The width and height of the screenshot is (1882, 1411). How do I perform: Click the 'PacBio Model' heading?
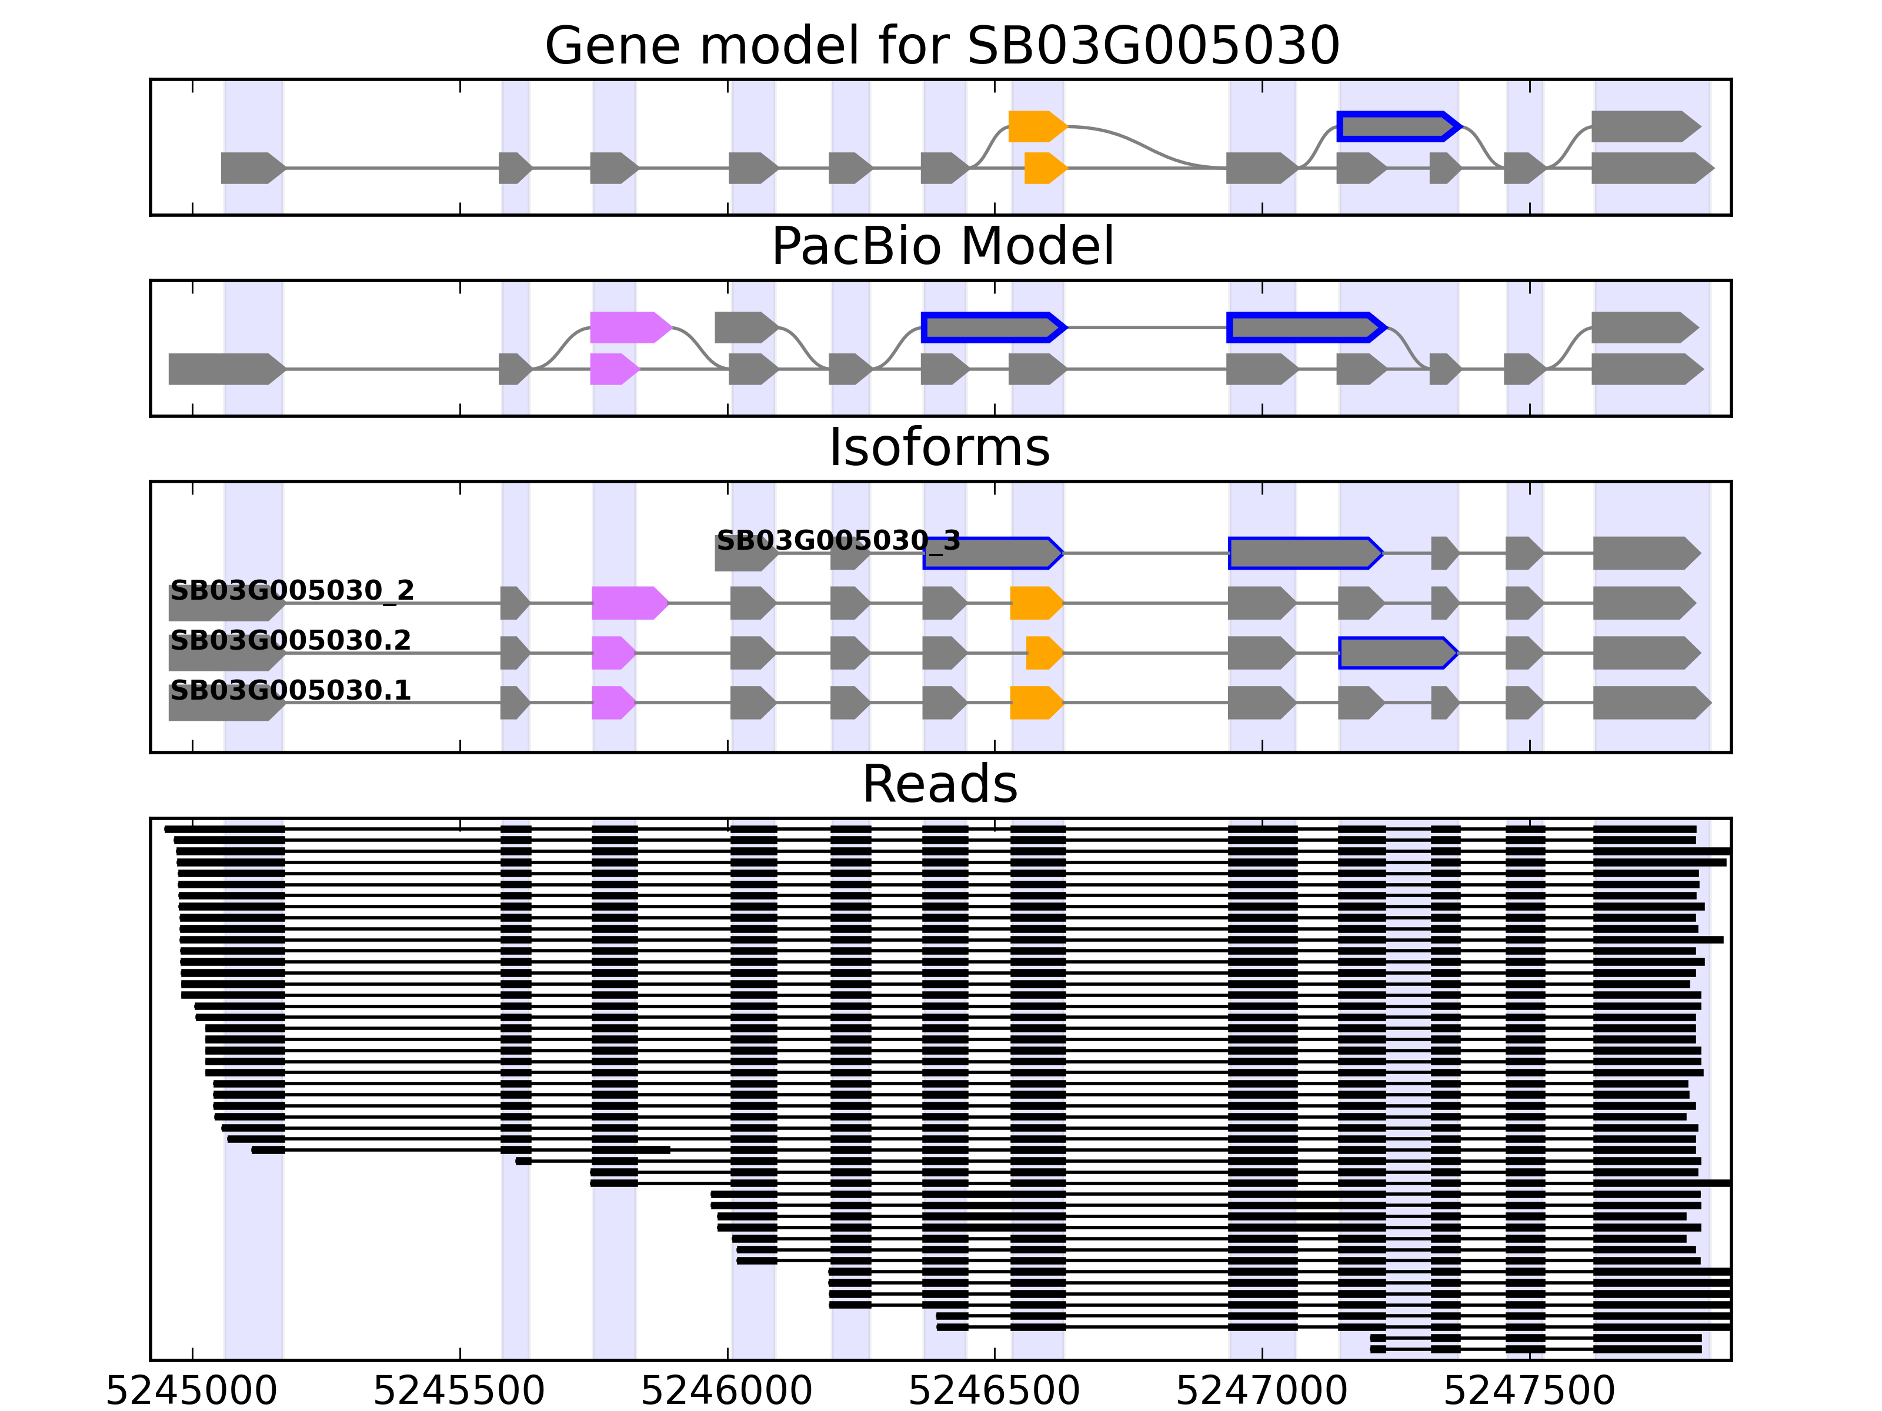(941, 247)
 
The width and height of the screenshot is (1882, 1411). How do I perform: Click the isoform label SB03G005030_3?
(838, 540)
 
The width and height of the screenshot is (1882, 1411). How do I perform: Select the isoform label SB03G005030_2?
(292, 590)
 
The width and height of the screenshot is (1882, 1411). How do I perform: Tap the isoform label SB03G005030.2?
(290, 640)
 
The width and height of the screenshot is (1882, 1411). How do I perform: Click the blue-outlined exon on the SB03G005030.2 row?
(1396, 653)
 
